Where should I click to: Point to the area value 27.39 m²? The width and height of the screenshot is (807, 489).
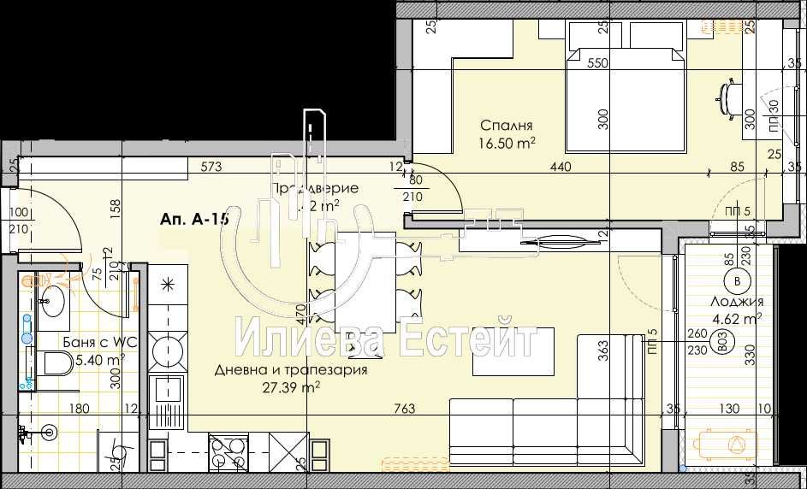tap(292, 386)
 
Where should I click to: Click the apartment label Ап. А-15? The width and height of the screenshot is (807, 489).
tap(193, 220)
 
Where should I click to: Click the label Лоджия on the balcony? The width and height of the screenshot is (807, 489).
tap(737, 302)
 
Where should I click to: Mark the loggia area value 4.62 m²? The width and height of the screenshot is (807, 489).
tap(737, 319)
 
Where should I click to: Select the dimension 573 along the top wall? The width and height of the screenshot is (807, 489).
tap(212, 167)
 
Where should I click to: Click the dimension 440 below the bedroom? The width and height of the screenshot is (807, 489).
tap(561, 168)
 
